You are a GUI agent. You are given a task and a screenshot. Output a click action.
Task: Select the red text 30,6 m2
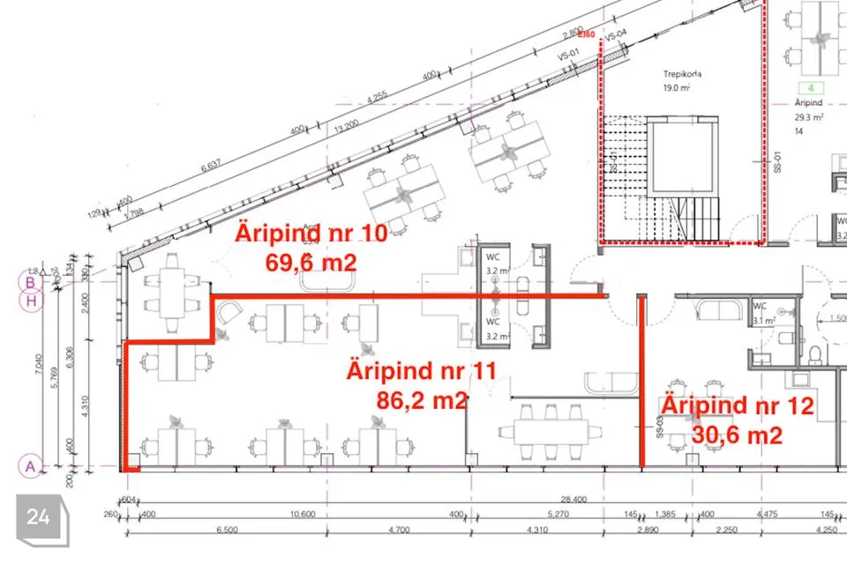coord(737,434)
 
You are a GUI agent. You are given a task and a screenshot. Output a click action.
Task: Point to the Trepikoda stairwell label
coord(681,75)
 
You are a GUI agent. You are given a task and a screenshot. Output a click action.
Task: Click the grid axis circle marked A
coord(31,465)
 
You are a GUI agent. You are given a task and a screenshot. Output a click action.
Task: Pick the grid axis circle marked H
coord(31,301)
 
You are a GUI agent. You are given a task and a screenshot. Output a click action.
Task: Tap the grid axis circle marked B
coord(31,283)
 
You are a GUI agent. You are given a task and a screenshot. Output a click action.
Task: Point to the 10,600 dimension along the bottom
coord(303,514)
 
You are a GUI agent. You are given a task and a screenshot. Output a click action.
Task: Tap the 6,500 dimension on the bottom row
coord(226,530)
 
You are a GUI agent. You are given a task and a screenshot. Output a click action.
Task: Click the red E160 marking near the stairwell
coord(587,33)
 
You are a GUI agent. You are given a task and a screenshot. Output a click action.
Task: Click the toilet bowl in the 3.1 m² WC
coord(815,353)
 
